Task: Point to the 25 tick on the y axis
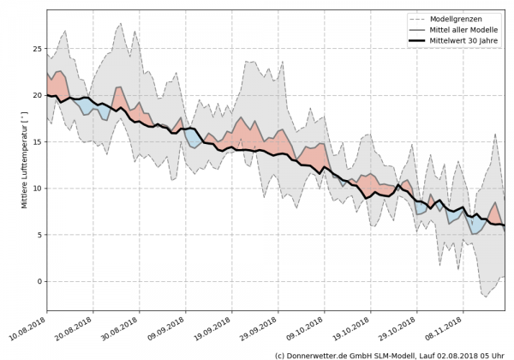pos(38,49)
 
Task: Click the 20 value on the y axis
pos(38,95)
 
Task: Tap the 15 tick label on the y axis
pos(38,141)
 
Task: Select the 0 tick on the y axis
pos(40,281)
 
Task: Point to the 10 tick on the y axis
pos(38,189)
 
